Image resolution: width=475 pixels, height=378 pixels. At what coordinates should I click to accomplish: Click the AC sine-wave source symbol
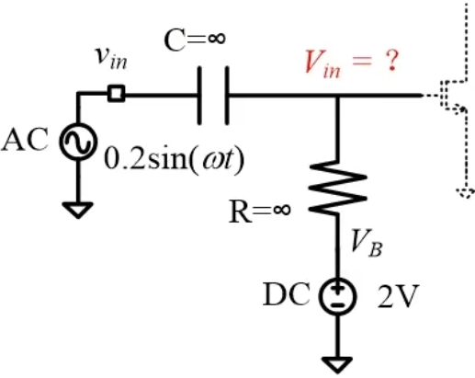(x=78, y=142)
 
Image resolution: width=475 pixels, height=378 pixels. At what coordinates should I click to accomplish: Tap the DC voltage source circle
(x=337, y=296)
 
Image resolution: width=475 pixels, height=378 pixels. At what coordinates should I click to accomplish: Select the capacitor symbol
(x=213, y=96)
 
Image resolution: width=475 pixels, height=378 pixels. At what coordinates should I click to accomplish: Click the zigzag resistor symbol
(x=338, y=188)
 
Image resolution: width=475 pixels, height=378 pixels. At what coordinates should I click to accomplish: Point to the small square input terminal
(x=117, y=93)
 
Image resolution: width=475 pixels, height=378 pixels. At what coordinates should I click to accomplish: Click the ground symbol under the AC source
(x=78, y=210)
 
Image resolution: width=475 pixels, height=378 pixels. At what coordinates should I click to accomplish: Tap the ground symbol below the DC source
(x=337, y=365)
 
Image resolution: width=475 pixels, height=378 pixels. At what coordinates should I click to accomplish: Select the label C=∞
(x=195, y=40)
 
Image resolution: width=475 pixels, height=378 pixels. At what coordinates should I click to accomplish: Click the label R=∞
(x=259, y=212)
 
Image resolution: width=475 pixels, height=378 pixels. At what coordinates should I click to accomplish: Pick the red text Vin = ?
(x=352, y=63)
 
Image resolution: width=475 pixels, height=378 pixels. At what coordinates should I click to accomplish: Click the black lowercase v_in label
(x=110, y=59)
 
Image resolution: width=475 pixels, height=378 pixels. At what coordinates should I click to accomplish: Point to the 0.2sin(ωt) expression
(x=175, y=161)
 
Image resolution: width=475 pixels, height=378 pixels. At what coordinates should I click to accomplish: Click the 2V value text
(x=398, y=296)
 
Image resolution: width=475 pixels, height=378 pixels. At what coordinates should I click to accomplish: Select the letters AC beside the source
(x=25, y=140)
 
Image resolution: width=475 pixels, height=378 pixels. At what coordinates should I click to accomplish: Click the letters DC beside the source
(x=287, y=294)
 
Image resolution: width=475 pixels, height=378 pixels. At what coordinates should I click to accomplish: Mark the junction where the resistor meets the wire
(x=337, y=96)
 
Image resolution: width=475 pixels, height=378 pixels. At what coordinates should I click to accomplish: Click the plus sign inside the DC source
(x=337, y=289)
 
